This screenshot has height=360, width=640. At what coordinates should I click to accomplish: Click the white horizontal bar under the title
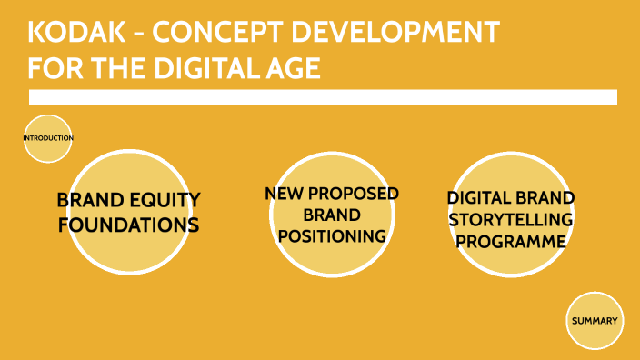coord(323,97)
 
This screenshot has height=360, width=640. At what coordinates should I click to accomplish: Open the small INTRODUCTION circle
coord(47,138)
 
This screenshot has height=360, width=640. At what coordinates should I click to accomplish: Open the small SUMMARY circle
coord(595,321)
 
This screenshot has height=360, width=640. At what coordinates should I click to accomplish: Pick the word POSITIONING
coord(332,235)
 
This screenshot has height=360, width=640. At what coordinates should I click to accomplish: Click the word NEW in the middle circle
coord(283,194)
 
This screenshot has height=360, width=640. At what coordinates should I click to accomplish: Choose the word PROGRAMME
coord(512,241)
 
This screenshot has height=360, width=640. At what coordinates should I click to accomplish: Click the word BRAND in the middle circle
coord(332,215)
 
